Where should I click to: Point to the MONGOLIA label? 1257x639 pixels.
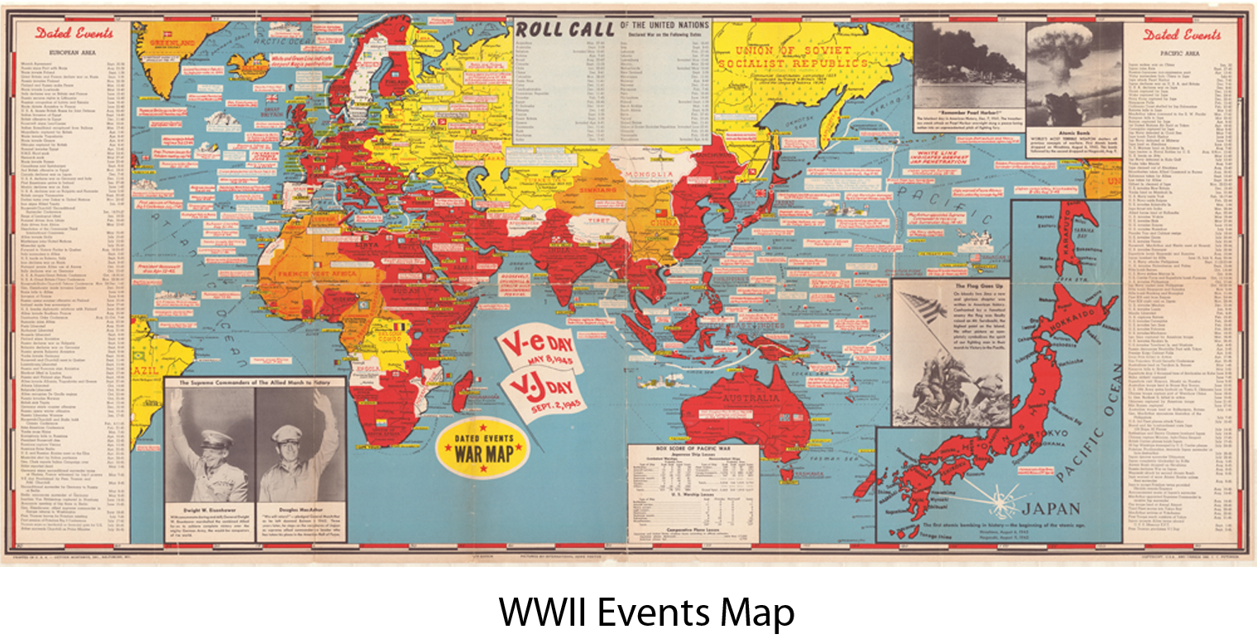(649, 175)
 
